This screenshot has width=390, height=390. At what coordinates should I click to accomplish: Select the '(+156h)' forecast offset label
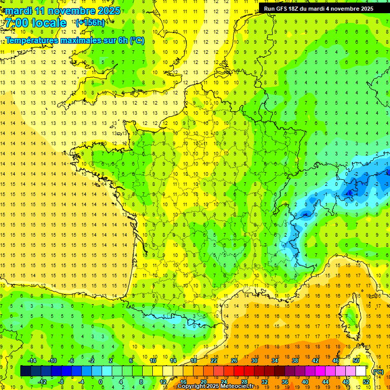pos(90,23)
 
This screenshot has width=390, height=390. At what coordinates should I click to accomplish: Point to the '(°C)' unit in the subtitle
pos(137,40)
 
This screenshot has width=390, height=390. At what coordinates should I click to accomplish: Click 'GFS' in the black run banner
pos(285,9)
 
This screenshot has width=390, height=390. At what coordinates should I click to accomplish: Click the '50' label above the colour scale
pos(355,361)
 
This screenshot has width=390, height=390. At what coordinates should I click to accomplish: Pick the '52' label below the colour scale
pos(366,381)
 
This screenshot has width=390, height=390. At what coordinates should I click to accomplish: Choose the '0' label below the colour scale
pos(101,381)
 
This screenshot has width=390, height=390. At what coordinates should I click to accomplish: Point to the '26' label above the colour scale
pos(234,361)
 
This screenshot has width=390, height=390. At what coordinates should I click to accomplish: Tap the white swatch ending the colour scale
pos(361,371)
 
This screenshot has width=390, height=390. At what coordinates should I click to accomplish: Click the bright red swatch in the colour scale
pos(239,371)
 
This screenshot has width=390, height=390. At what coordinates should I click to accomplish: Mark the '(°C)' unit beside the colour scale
pos(378,371)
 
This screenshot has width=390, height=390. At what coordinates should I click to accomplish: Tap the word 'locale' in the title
pos(48,23)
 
